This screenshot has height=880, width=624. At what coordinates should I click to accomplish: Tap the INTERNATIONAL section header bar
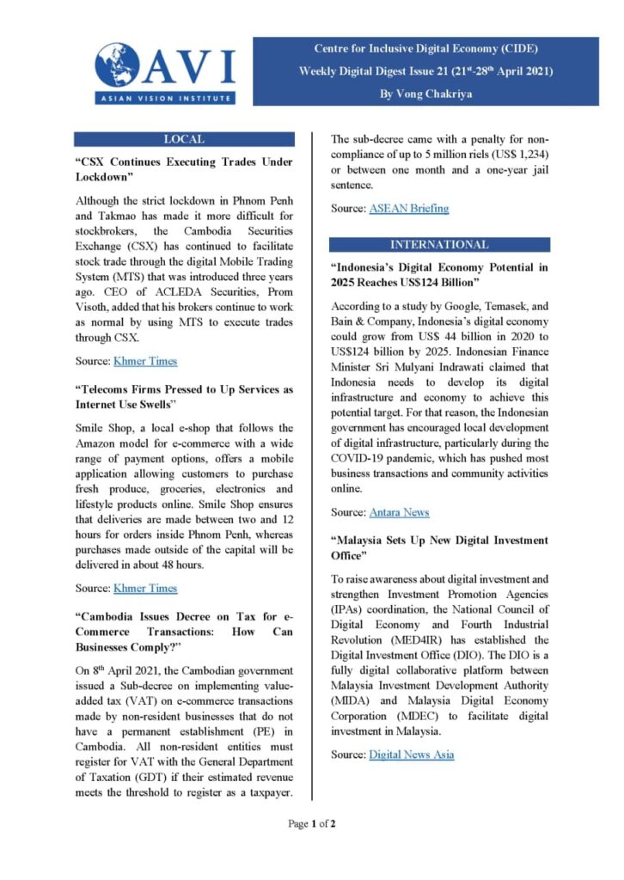[x=439, y=244]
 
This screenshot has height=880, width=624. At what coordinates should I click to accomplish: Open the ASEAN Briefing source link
[x=408, y=208]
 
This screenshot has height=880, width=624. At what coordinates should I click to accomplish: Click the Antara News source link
[x=399, y=512]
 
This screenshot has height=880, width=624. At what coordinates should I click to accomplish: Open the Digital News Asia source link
[x=411, y=755]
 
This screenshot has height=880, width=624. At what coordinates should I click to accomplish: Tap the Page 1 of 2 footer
[x=311, y=824]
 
